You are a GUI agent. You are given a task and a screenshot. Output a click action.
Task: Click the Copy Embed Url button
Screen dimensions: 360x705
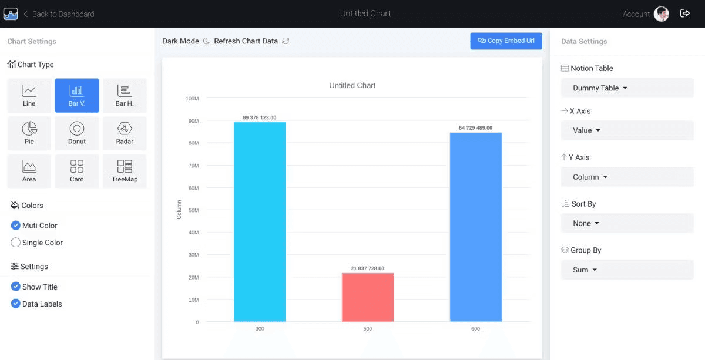point(506,41)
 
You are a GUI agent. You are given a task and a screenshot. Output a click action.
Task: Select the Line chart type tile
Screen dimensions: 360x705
point(29,95)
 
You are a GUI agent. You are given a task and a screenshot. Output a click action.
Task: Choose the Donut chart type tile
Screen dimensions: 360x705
point(77,133)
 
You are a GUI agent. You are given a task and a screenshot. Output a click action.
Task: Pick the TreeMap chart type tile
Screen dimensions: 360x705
point(125,171)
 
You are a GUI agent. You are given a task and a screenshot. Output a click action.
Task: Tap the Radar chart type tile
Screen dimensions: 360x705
point(125,133)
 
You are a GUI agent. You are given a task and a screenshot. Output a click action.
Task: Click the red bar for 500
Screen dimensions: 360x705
point(368,297)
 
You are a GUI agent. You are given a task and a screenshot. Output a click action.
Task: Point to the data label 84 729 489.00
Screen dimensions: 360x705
point(475,127)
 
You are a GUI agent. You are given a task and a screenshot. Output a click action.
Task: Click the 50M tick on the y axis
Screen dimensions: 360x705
point(193,210)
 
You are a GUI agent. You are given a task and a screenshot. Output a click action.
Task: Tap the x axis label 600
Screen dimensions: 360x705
point(475,329)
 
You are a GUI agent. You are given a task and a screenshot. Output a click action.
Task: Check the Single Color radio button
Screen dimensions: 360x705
point(16,243)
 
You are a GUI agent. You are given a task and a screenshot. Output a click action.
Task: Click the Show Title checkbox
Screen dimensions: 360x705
point(16,287)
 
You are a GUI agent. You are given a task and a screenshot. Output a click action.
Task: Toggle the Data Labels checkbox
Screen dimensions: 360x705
point(16,304)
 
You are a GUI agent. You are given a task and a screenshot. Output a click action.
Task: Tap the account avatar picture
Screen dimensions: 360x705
point(662,14)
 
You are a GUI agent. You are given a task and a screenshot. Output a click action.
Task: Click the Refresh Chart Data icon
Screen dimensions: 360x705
point(286,41)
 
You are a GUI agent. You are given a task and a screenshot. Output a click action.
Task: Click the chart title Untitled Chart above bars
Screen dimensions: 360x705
point(352,85)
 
